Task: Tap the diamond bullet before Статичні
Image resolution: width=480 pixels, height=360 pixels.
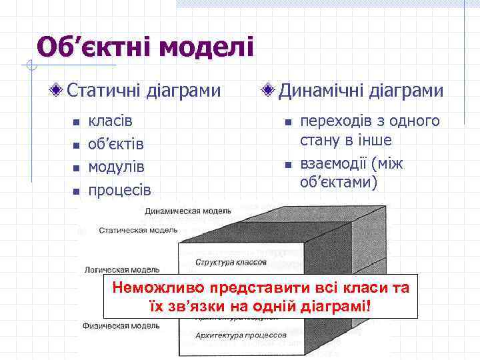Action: click(x=59, y=90)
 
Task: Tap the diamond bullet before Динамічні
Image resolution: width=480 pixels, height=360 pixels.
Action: click(x=269, y=90)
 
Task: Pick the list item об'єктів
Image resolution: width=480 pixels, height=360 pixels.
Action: click(x=117, y=144)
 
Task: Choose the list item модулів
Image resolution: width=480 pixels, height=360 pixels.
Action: click(x=117, y=167)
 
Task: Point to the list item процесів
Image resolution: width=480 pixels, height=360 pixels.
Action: click(x=120, y=189)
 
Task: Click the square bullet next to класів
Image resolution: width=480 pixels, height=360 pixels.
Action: click(x=76, y=123)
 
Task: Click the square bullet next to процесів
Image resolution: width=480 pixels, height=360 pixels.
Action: click(x=76, y=191)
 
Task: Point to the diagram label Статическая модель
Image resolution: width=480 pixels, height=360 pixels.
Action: click(x=138, y=230)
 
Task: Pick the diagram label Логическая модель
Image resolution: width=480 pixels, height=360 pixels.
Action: click(x=121, y=270)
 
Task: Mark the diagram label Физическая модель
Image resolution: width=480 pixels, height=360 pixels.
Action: click(x=121, y=326)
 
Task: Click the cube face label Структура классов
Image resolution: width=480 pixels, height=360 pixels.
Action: click(x=231, y=263)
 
